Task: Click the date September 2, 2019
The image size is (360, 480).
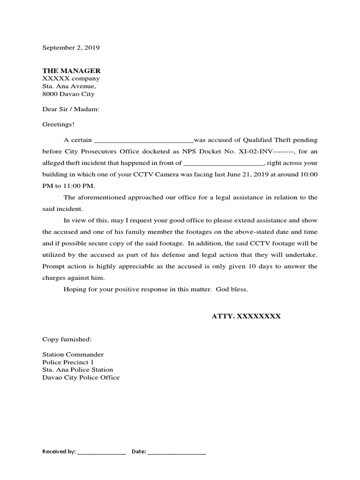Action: [71, 48]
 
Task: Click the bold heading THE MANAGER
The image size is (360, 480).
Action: [71, 71]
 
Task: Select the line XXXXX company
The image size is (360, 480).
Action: [71, 79]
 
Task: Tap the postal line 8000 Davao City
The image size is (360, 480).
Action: [68, 94]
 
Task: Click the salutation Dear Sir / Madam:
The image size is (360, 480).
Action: [71, 109]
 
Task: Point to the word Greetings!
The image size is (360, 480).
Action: [58, 124]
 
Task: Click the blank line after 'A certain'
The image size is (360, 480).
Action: [144, 140]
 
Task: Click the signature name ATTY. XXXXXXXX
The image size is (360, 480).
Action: [246, 316]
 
